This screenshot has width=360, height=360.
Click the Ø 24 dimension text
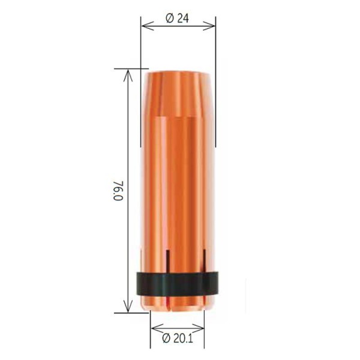coord(177,18)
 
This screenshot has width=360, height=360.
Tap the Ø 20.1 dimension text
coord(177,338)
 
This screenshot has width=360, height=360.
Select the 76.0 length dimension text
coord(118,190)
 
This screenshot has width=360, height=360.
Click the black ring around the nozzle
coord(177,284)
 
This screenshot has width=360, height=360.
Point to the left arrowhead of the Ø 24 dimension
coord(147,26)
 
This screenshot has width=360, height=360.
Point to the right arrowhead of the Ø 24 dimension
coord(209,26)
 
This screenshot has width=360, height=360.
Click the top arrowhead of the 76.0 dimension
coord(128,76)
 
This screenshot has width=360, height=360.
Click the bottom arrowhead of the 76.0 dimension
coord(128,306)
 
